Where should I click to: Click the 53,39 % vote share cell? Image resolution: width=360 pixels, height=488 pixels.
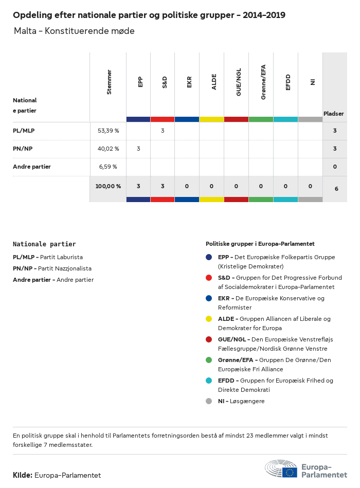coord(108,131)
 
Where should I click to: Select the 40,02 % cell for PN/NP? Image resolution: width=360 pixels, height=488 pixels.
coord(108,149)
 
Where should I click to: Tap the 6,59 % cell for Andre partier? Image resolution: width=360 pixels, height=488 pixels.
coord(108,167)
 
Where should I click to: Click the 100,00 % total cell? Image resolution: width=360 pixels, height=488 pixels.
coord(108,186)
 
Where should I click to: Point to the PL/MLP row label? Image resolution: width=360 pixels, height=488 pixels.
coord(24,131)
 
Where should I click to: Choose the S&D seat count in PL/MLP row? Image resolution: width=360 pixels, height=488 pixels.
coord(163,131)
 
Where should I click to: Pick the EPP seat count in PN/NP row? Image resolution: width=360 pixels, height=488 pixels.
coord(138,149)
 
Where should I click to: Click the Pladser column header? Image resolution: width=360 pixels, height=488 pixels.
coord(334,114)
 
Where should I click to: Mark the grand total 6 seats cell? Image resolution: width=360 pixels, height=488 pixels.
coord(336,189)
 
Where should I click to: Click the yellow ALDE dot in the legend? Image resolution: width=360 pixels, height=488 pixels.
coord(209,319)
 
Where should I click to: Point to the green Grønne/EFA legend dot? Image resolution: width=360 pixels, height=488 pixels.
coord(209,360)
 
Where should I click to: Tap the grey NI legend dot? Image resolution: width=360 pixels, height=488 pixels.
coord(209,401)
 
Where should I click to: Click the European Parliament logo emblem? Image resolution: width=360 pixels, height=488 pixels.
coord(281,469)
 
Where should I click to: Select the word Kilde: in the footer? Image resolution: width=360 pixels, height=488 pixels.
coord(23,475)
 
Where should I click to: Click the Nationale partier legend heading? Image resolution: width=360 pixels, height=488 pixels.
coord(44,244)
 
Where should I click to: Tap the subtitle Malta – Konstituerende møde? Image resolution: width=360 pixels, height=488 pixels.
coord(75,31)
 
